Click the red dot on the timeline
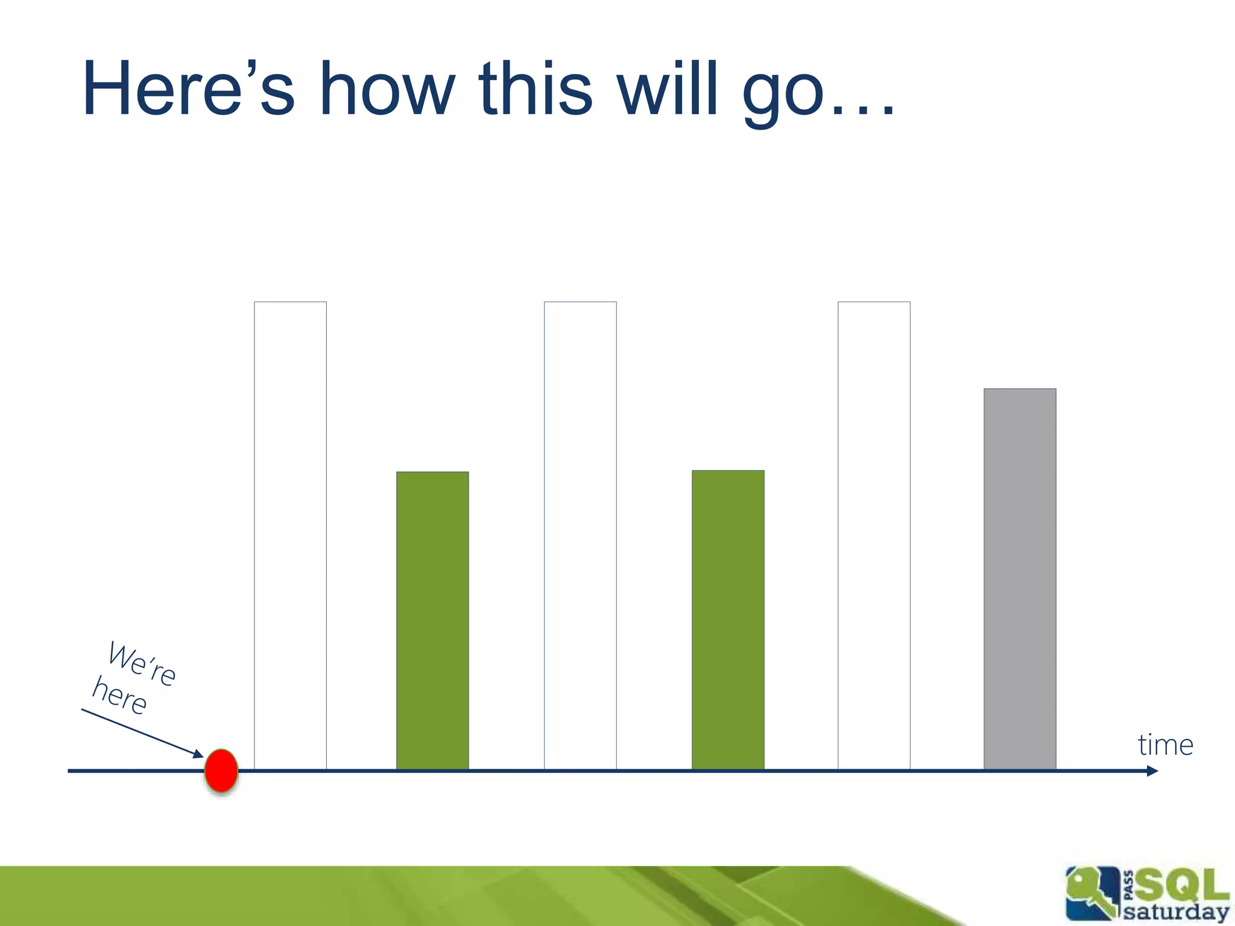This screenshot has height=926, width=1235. coord(221,770)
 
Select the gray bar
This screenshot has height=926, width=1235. coord(1020,579)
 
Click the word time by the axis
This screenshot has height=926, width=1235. coord(1165,745)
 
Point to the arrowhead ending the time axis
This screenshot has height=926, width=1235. coord(1152,771)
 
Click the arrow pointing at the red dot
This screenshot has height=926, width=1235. coord(142,732)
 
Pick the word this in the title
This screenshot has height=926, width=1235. coord(535,89)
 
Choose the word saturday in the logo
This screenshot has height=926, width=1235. coord(1175,911)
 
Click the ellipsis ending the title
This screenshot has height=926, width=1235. coord(863,109)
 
